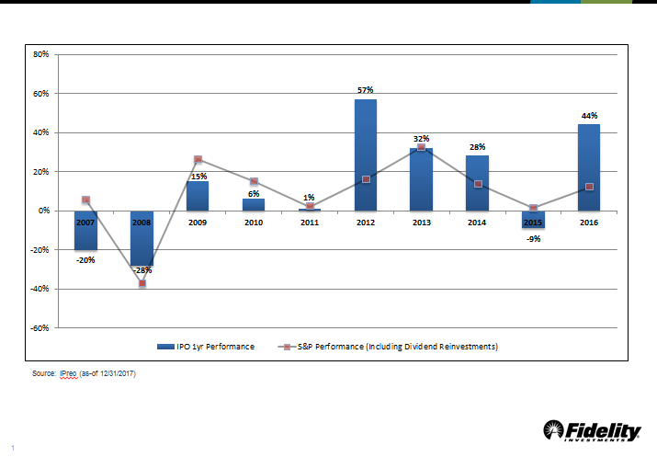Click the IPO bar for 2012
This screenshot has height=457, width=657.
(x=365, y=154)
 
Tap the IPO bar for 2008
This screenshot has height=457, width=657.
(x=142, y=238)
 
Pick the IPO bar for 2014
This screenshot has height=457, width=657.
(x=477, y=183)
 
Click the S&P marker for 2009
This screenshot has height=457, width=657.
(x=198, y=160)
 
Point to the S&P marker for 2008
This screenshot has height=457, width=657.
(x=142, y=283)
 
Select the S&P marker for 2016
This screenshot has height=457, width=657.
(x=589, y=187)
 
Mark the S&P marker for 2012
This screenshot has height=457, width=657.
(x=366, y=179)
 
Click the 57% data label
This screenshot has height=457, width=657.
(x=365, y=90)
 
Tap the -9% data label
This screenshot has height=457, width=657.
(x=533, y=239)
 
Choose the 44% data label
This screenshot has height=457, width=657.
(x=589, y=116)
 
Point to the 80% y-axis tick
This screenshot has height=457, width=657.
(x=40, y=54)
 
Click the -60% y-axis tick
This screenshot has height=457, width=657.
(x=39, y=327)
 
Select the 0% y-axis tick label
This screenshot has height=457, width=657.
(x=43, y=211)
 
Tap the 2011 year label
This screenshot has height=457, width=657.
(x=309, y=222)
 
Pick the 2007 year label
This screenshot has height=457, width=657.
(x=85, y=222)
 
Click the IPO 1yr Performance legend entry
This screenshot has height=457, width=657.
(x=212, y=347)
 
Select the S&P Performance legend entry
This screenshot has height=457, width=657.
(x=396, y=347)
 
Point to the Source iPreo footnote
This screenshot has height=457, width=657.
(x=84, y=374)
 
